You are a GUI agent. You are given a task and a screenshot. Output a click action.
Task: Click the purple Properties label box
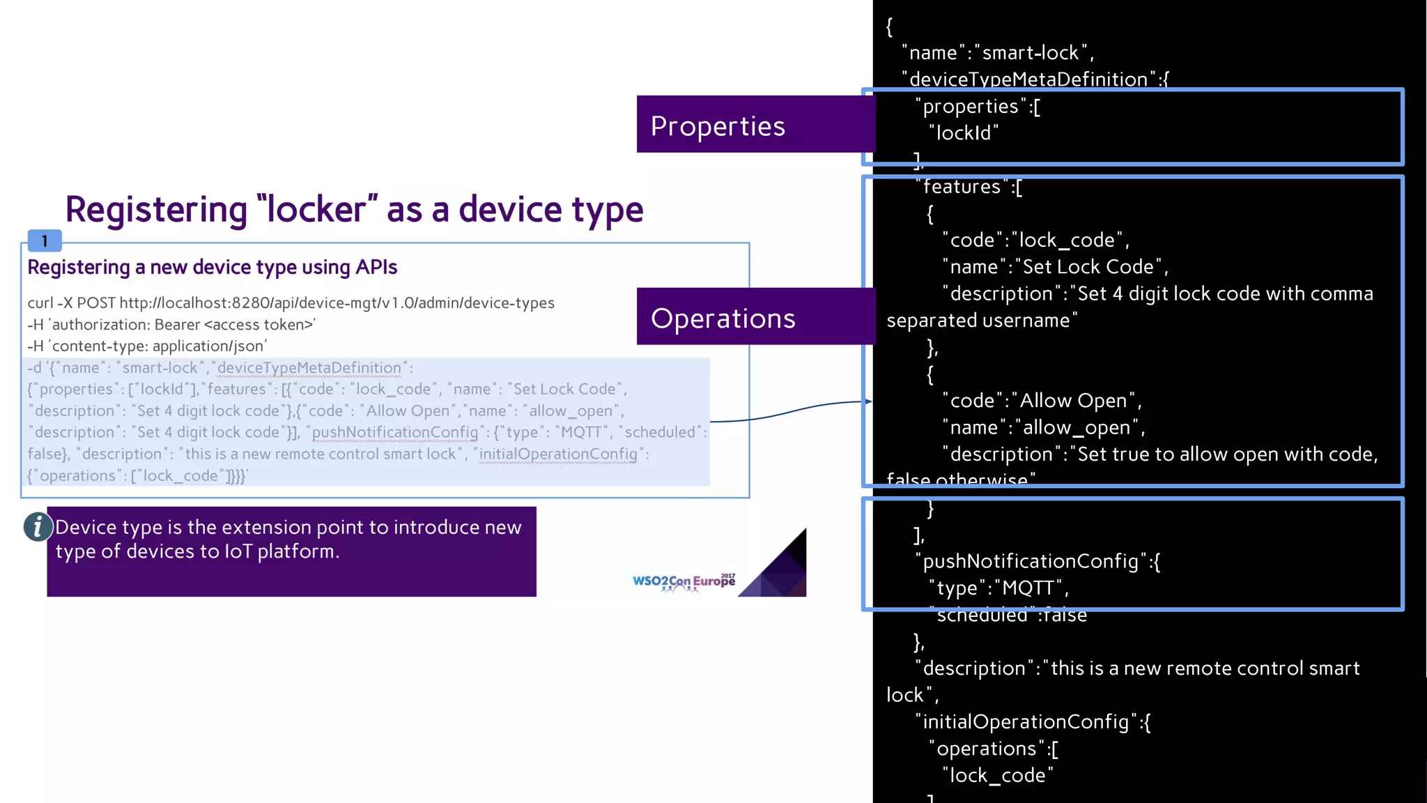755,125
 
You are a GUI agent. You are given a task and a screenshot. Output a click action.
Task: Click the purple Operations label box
755,316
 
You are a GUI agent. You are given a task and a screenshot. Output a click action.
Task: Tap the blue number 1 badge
45,241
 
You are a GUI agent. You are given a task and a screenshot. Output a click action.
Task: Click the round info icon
38,527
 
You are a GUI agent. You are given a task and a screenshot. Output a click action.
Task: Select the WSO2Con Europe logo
683,582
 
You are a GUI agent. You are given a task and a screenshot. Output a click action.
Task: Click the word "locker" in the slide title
317,209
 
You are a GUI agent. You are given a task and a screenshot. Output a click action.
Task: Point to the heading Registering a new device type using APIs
212,267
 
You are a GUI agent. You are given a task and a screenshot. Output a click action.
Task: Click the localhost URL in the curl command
337,303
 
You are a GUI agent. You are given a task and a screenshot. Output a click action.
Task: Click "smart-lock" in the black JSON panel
1030,53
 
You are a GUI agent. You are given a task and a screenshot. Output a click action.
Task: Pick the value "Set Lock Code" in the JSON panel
1088,267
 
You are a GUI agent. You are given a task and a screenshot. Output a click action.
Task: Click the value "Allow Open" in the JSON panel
1074,401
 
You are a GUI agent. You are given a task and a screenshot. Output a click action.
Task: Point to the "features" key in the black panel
962,187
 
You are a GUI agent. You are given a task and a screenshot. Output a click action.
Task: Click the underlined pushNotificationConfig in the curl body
395,432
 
